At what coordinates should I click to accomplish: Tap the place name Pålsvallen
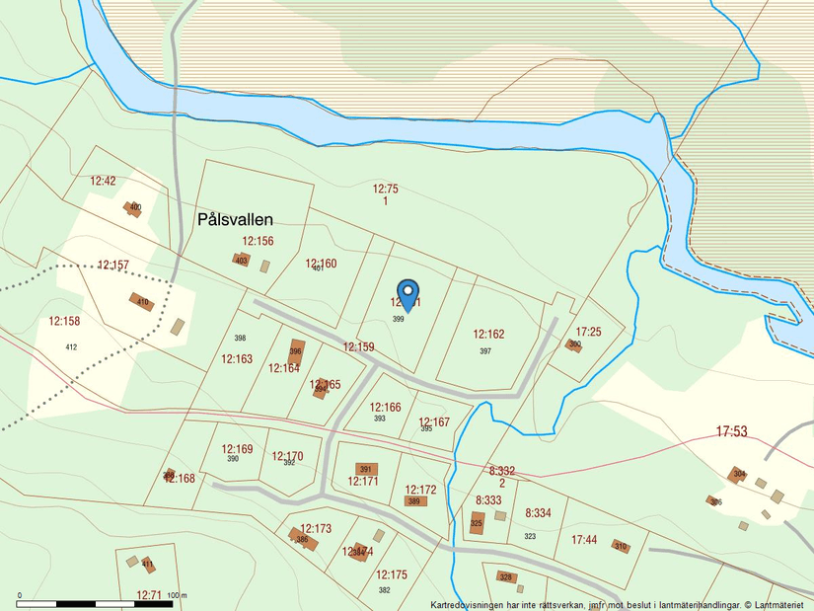click(x=235, y=219)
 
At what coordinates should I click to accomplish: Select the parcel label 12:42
click(x=103, y=181)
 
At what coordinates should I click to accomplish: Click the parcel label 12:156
click(x=258, y=241)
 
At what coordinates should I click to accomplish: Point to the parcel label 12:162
click(x=488, y=335)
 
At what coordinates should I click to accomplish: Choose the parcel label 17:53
click(x=731, y=431)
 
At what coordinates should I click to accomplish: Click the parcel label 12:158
click(x=64, y=321)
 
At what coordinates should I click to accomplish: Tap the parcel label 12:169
click(x=237, y=449)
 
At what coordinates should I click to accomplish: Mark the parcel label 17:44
click(x=584, y=540)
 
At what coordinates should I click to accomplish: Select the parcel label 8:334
click(x=538, y=513)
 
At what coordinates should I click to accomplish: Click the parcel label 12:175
click(x=391, y=574)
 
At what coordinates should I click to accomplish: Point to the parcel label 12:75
click(x=385, y=189)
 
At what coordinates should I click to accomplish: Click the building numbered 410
click(x=142, y=302)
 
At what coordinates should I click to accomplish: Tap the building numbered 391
click(x=365, y=469)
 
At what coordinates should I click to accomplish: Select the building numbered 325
click(x=477, y=523)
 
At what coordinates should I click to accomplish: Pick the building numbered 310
click(x=620, y=546)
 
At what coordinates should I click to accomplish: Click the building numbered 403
click(x=241, y=260)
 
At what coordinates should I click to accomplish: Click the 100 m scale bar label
click(x=177, y=596)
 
